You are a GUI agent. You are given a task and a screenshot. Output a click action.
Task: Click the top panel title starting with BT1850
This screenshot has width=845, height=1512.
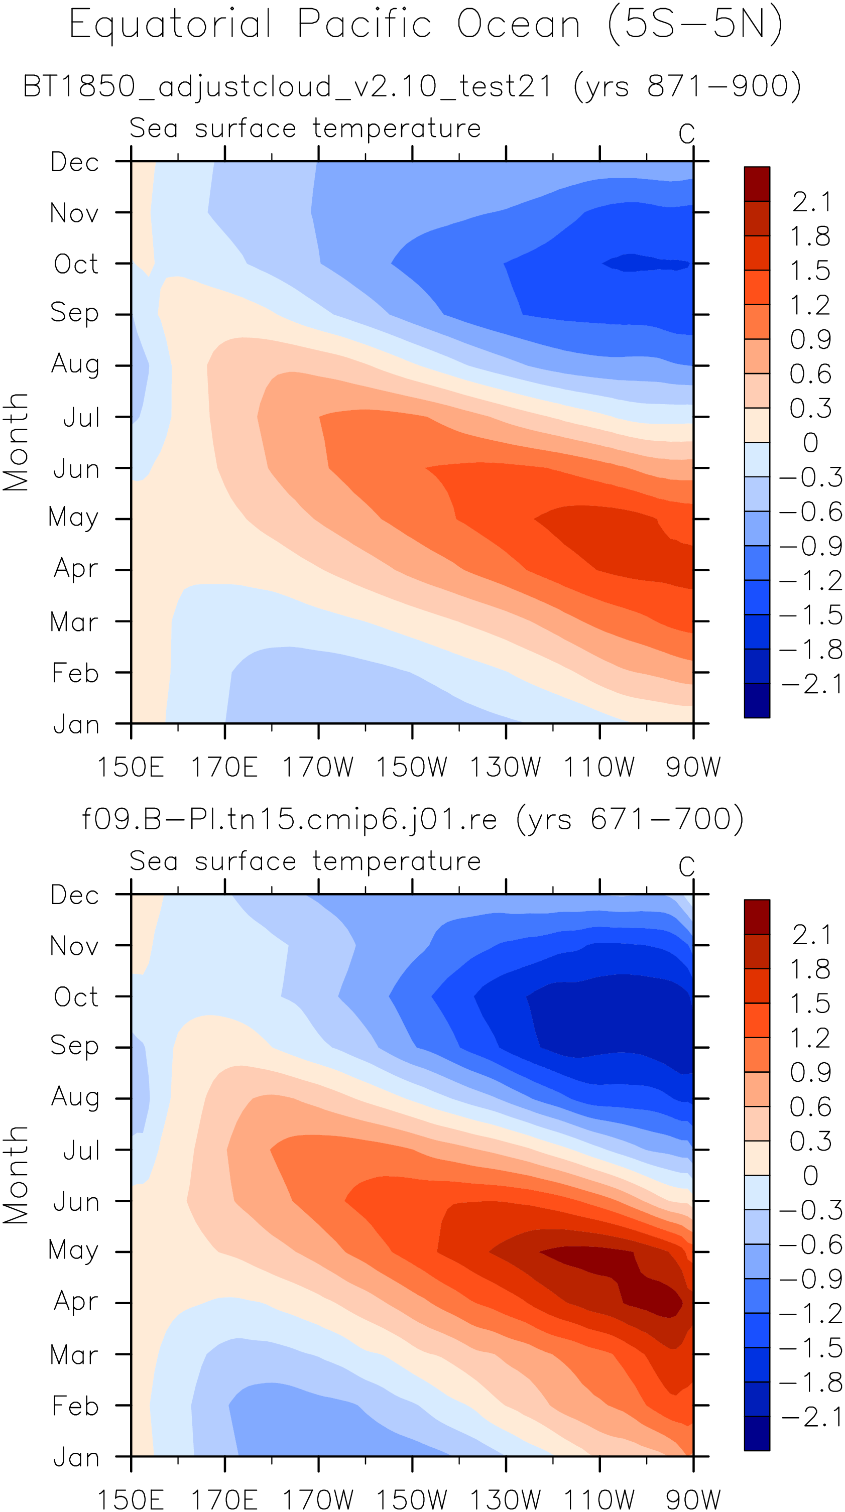pyautogui.click(x=412, y=87)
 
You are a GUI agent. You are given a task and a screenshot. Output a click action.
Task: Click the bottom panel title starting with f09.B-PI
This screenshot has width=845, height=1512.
pyautogui.click(x=413, y=819)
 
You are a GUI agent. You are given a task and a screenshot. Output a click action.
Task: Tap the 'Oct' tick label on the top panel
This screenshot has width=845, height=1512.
pyautogui.click(x=76, y=264)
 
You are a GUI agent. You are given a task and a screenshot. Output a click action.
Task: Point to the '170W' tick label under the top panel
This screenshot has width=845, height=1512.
pyautogui.click(x=318, y=767)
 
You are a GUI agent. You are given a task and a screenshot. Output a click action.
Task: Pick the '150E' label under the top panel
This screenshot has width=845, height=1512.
pyautogui.click(x=131, y=767)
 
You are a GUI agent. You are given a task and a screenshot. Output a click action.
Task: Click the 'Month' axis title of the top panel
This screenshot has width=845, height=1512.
pyautogui.click(x=16, y=442)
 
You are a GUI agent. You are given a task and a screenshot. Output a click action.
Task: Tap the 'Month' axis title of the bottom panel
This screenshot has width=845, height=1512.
pyautogui.click(x=16, y=1175)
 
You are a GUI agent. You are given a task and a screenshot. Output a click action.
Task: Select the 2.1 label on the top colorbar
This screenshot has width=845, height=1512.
pyautogui.click(x=811, y=202)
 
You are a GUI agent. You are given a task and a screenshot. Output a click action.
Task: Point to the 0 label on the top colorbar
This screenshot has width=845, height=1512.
pyautogui.click(x=810, y=443)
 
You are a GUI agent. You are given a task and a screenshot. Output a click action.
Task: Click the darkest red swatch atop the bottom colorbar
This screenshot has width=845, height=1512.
pyautogui.click(x=757, y=916)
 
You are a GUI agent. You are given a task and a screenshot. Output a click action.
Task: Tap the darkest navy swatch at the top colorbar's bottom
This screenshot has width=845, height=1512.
pyautogui.click(x=757, y=700)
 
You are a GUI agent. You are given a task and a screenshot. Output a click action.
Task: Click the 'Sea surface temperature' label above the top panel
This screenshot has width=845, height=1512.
pyautogui.click(x=305, y=128)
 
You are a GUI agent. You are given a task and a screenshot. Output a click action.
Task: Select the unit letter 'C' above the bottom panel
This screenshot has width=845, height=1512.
pyautogui.click(x=686, y=866)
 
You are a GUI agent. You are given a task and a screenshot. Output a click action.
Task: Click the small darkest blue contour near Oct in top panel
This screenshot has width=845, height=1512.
pyautogui.click(x=646, y=263)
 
